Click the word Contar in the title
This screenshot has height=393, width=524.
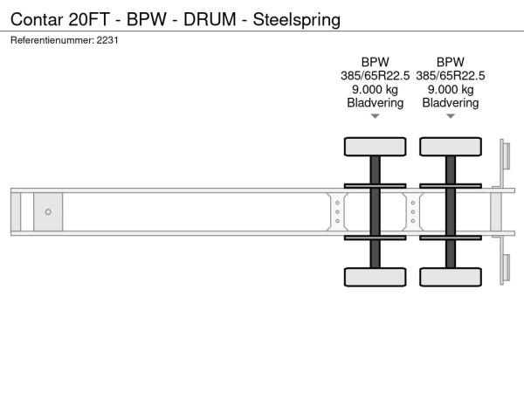pyautogui.click(x=37, y=19)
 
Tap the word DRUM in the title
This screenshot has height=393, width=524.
pyautogui.click(x=210, y=19)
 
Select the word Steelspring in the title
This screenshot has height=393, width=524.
pyautogui.click(x=297, y=20)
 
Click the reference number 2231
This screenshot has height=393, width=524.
pyautogui.click(x=107, y=40)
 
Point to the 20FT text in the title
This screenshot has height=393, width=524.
pyautogui.click(x=89, y=19)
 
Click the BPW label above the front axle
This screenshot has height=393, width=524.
pyautogui.click(x=376, y=62)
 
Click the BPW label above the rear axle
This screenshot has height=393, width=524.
pyautogui.click(x=451, y=62)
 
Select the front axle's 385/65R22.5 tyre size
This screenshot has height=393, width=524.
pyautogui.click(x=376, y=76)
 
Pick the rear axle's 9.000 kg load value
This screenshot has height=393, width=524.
pyautogui.click(x=451, y=90)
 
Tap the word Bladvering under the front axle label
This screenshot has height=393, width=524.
pyautogui.click(x=376, y=103)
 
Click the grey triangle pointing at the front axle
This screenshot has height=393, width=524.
pyautogui.click(x=376, y=116)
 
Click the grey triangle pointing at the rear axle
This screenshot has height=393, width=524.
pyautogui.click(x=451, y=116)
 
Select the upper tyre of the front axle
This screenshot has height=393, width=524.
pyautogui.click(x=376, y=147)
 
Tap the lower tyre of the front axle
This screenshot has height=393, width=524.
pyautogui.click(x=376, y=277)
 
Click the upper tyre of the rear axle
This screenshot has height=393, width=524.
pyautogui.click(x=451, y=147)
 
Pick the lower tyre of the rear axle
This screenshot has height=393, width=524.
pyautogui.click(x=451, y=277)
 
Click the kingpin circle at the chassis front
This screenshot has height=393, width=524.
pyautogui.click(x=48, y=212)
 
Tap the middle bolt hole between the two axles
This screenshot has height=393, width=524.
pyautogui.click(x=413, y=212)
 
